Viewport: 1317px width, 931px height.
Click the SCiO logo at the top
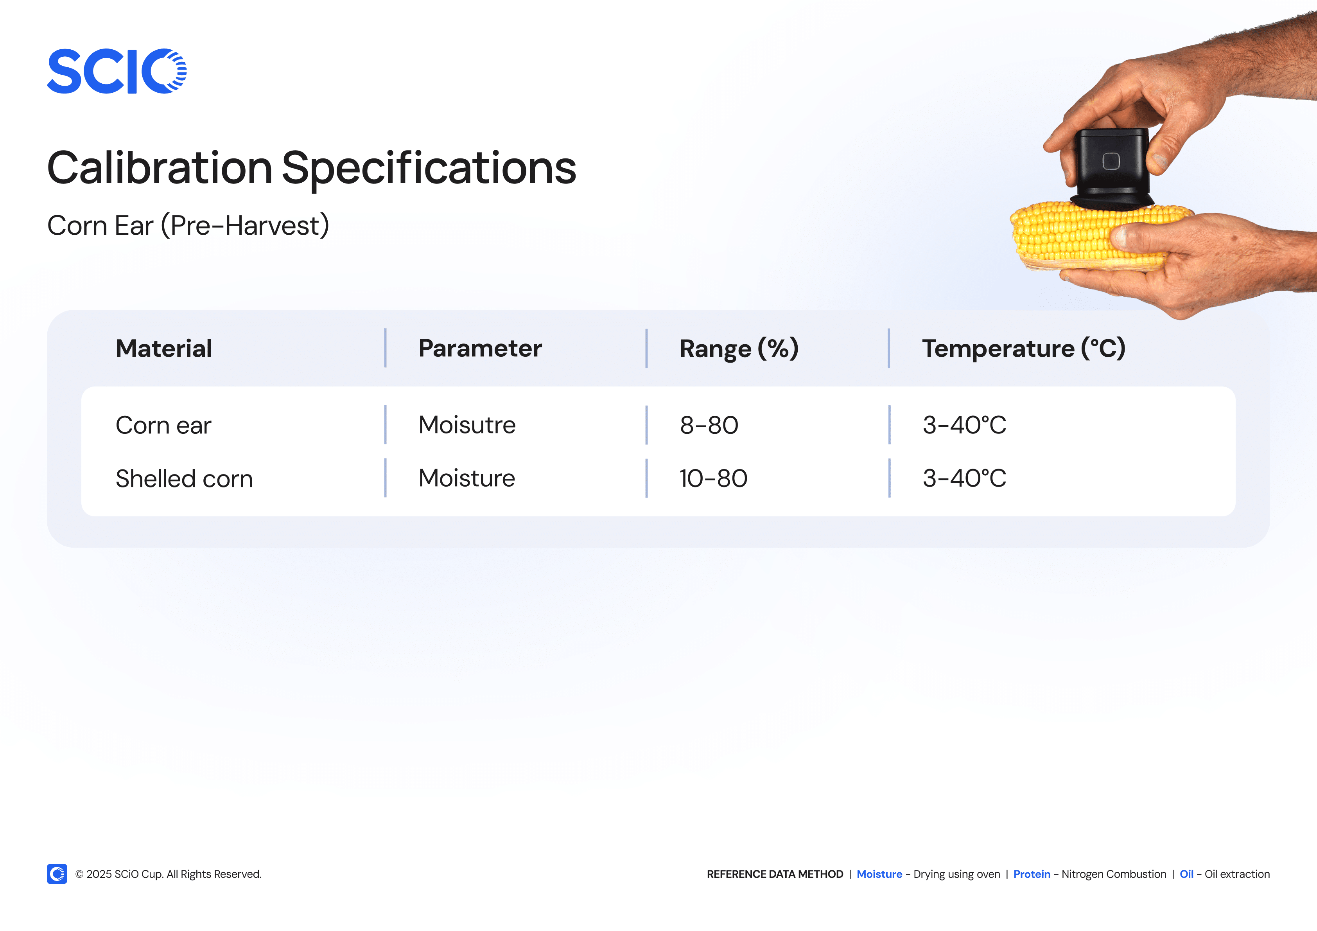[117, 71]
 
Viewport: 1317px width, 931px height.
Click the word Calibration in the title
[160, 168]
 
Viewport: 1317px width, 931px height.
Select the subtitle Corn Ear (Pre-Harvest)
[188, 226]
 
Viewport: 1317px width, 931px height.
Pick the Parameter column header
[480, 349]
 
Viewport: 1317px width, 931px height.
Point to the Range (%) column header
[739, 349]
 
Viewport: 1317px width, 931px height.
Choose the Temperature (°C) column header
[1024, 349]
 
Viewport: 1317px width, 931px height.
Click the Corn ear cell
[163, 425]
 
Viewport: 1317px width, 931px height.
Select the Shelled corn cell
[184, 479]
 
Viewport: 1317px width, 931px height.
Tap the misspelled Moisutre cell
[467, 425]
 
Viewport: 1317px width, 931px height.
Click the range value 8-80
[709, 425]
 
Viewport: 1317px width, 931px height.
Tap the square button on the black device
[1111, 161]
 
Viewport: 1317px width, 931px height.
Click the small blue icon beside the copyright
[57, 873]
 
